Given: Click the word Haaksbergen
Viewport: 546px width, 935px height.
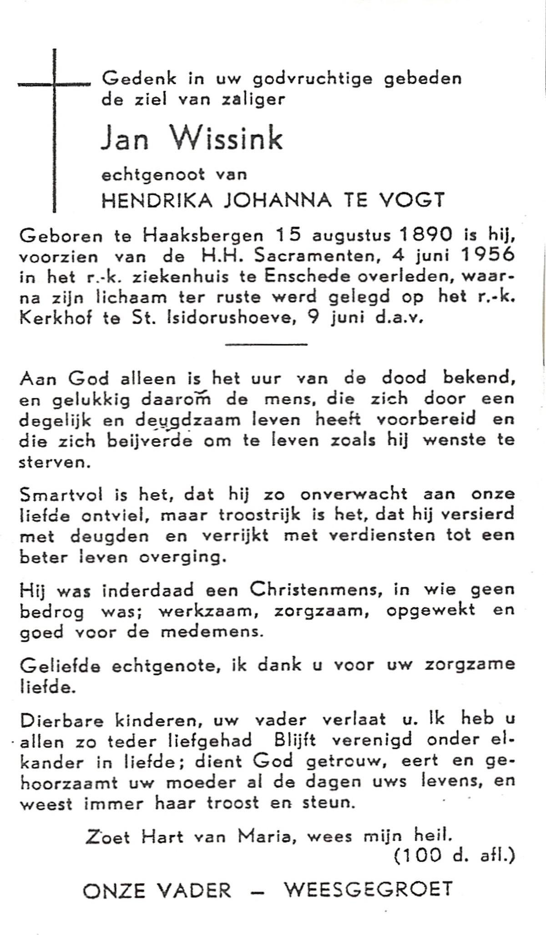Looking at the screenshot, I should [x=203, y=236].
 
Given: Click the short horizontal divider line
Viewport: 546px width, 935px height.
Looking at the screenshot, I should [x=266, y=344].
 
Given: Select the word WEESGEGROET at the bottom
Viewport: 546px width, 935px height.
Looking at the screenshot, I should [x=369, y=889].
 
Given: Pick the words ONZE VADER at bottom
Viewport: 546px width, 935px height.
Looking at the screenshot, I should [x=157, y=890].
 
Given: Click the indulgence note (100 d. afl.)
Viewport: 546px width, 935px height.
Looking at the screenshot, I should [x=454, y=856].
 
